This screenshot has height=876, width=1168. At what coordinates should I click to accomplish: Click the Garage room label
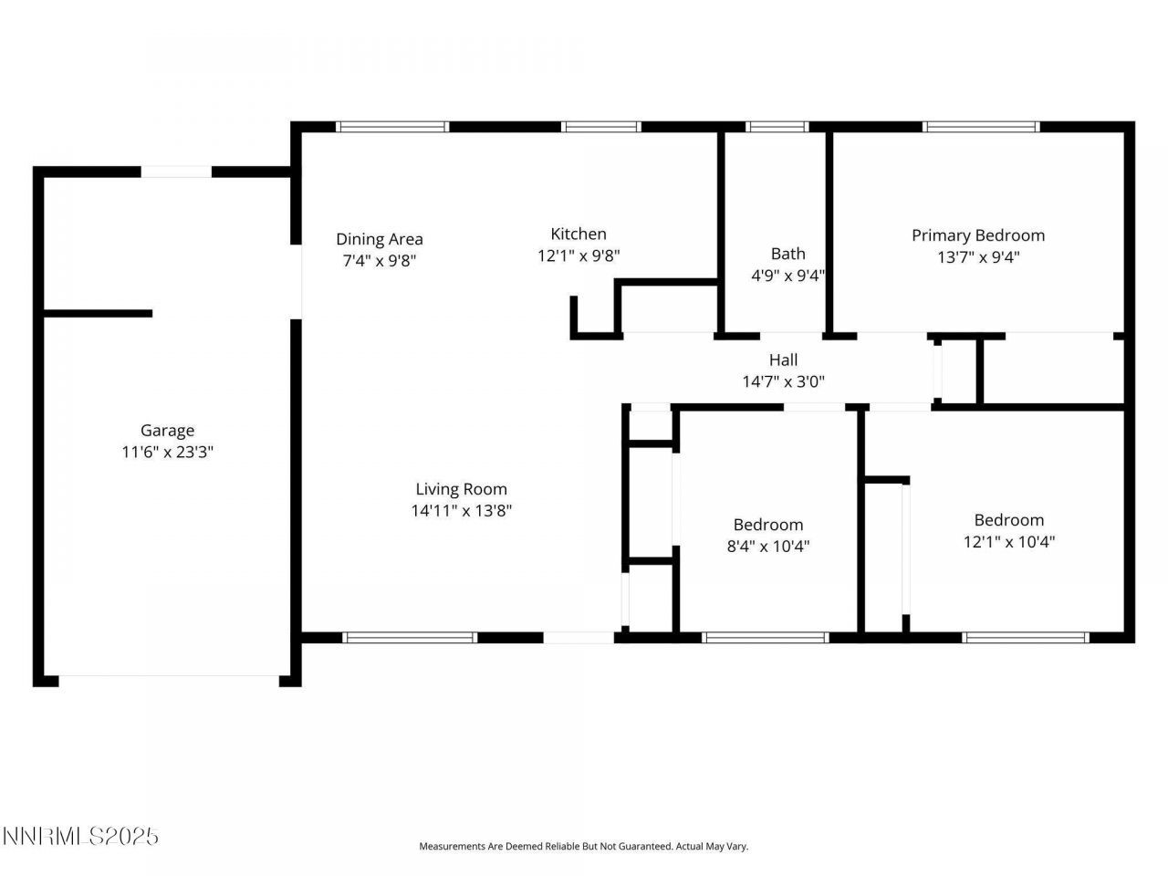pyautogui.click(x=167, y=431)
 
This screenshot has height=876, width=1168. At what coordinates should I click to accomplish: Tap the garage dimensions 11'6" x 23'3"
pyautogui.click(x=167, y=453)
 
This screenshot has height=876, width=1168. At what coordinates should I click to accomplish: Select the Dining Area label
pyautogui.click(x=379, y=239)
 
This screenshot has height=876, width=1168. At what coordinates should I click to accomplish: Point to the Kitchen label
pyautogui.click(x=579, y=235)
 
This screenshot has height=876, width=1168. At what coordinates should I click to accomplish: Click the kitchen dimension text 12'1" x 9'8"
pyautogui.click(x=579, y=256)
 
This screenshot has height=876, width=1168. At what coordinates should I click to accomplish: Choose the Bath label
pyautogui.click(x=787, y=254)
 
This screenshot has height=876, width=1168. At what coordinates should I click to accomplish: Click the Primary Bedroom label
pyautogui.click(x=978, y=235)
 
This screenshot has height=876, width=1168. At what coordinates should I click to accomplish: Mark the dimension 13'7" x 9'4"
pyautogui.click(x=978, y=257)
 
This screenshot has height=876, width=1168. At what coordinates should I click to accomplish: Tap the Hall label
pyautogui.click(x=783, y=360)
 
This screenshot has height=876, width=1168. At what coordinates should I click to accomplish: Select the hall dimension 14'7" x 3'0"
pyautogui.click(x=783, y=382)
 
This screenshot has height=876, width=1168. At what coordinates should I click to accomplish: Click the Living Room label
pyautogui.click(x=461, y=489)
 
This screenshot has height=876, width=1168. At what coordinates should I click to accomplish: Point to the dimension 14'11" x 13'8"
pyautogui.click(x=461, y=511)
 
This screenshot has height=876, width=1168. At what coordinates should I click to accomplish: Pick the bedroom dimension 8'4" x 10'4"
pyautogui.click(x=768, y=547)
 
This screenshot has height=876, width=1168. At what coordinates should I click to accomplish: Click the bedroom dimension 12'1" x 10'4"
pyautogui.click(x=1008, y=542)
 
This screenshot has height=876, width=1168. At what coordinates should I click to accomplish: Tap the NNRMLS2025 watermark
pyautogui.click(x=80, y=836)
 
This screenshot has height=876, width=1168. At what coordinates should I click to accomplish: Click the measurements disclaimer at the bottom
pyautogui.click(x=583, y=847)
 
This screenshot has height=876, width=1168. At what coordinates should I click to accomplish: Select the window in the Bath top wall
pyautogui.click(x=777, y=127)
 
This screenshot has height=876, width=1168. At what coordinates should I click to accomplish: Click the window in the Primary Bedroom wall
pyautogui.click(x=982, y=127)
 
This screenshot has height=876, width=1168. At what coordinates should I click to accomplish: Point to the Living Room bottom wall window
pyautogui.click(x=410, y=638)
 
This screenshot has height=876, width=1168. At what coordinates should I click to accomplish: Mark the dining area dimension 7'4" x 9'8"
pyautogui.click(x=379, y=261)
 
